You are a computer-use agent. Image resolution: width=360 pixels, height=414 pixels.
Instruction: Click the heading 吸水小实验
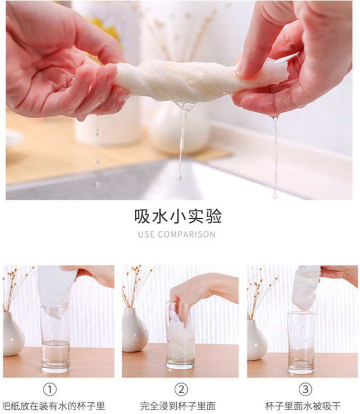(x=178, y=216)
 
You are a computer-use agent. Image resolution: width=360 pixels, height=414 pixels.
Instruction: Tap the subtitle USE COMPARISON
(x=177, y=235)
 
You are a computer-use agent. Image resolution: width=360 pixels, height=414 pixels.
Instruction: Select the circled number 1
(x=50, y=390)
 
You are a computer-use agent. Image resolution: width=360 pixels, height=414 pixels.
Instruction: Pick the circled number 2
(x=181, y=390)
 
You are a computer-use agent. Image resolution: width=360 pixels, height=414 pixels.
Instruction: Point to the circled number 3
(x=305, y=390)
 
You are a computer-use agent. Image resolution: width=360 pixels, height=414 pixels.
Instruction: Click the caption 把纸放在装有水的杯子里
(x=54, y=406)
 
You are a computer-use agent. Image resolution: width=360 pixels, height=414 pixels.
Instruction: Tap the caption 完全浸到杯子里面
(x=178, y=406)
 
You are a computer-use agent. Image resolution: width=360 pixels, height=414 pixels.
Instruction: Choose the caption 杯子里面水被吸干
(x=302, y=406)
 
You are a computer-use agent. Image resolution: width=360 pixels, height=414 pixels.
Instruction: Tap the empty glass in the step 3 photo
(x=301, y=343)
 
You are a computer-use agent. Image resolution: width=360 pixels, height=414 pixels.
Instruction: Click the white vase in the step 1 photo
(x=13, y=334)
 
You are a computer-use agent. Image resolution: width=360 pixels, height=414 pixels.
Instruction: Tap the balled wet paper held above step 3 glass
(x=306, y=288)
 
